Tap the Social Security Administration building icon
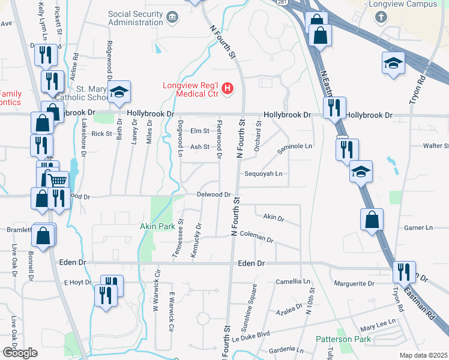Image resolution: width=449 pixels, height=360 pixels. (173, 16)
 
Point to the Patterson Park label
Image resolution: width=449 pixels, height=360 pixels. (344, 339)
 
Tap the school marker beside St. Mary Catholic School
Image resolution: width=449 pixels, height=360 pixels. (119, 92)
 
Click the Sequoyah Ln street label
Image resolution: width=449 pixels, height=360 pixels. (263, 174)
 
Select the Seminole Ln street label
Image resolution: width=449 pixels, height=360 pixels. (295, 146)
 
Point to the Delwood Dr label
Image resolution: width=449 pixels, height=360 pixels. (214, 194)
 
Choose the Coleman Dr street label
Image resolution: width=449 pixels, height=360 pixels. (256, 238)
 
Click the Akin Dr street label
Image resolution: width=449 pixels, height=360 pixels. (273, 218)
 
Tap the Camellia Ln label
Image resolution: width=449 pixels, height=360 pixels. (293, 281)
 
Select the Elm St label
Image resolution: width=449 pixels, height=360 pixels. (199, 131)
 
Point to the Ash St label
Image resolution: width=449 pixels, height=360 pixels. (199, 146)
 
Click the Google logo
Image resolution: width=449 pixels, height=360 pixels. (20, 352)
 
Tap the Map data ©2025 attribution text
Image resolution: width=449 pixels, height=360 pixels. (423, 355)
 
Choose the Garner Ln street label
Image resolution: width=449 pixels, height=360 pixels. (418, 228)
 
